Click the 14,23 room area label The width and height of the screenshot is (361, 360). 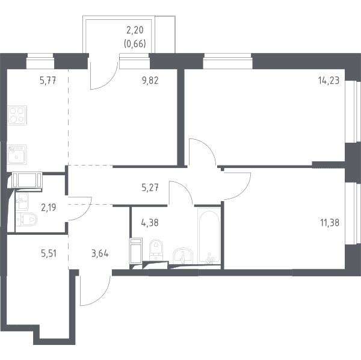click(x=329, y=81)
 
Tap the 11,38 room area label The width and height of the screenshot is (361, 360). click(x=330, y=223)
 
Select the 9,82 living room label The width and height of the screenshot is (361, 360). click(x=150, y=81)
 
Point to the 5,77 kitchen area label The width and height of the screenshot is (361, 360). click(x=48, y=81)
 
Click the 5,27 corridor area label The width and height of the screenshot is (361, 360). click(x=150, y=188)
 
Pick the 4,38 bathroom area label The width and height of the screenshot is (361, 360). click(x=150, y=223)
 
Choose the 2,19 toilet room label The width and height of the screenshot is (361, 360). click(x=48, y=207)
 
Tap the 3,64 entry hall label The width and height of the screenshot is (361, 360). click(x=100, y=253)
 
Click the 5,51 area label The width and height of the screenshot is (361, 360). click(x=49, y=253)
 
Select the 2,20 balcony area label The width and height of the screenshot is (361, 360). click(x=135, y=30)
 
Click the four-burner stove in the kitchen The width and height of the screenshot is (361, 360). click(x=17, y=115)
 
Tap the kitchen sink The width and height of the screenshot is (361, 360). click(x=17, y=154)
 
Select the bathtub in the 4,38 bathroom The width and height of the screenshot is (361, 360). click(x=209, y=237)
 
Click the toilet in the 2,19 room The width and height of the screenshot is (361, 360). click(x=26, y=219)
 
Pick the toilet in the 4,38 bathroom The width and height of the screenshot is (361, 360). click(x=156, y=250)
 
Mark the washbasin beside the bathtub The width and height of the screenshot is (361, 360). click(x=183, y=256)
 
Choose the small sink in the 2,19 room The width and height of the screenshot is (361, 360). click(x=22, y=201)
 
